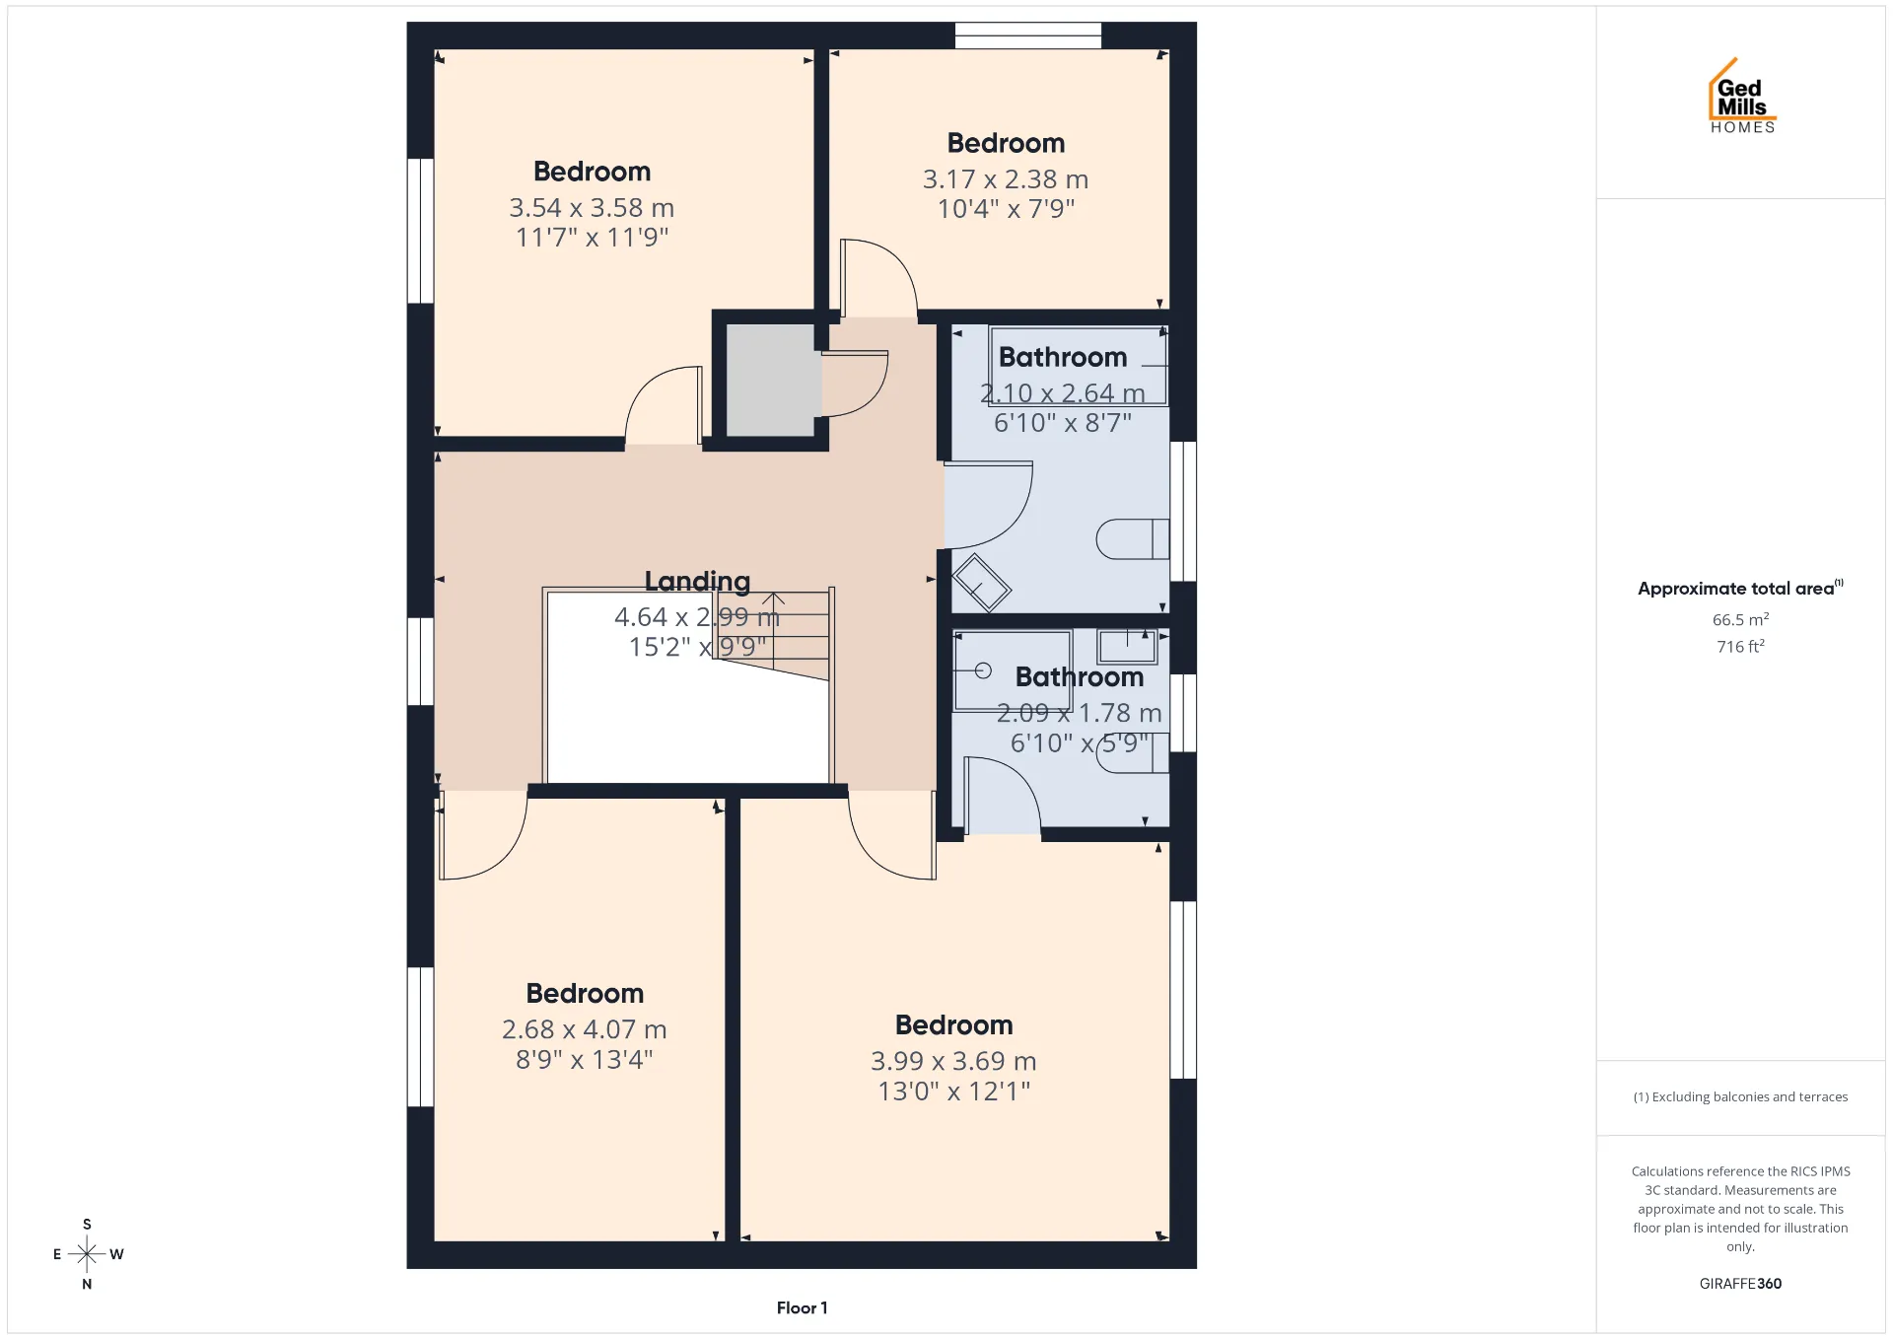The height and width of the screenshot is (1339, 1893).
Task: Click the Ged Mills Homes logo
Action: pos(1742,96)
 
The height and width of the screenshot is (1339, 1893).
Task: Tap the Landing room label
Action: pos(697,582)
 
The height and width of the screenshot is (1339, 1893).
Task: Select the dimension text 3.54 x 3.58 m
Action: pos(592,208)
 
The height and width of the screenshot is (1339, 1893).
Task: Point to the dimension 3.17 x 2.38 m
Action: pos(1006,179)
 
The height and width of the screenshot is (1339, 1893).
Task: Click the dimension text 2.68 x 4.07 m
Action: pos(585,1029)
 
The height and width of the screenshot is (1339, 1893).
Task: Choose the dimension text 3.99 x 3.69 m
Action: pos(953,1061)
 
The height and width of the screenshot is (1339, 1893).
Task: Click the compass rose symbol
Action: pos(87,1254)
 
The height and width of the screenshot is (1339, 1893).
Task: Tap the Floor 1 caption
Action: pos(802,1308)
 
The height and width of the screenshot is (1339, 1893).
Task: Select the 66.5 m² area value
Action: pos(1740,619)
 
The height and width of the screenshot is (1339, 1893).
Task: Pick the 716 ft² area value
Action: pos(1740,647)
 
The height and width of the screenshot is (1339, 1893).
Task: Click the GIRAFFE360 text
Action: pos(1740,1284)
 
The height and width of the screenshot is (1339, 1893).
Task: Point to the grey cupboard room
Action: pos(771,380)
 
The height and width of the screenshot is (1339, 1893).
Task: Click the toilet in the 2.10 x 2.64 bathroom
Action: pos(1133,539)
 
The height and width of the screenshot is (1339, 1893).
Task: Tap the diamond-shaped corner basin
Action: pos(981,583)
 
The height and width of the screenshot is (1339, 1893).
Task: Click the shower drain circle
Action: pos(983,670)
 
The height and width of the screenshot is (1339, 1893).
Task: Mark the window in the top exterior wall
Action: pos(1027,35)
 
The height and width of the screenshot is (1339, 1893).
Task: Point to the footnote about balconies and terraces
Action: pos(1740,1096)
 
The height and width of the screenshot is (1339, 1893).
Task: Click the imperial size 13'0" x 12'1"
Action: pos(953,1092)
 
